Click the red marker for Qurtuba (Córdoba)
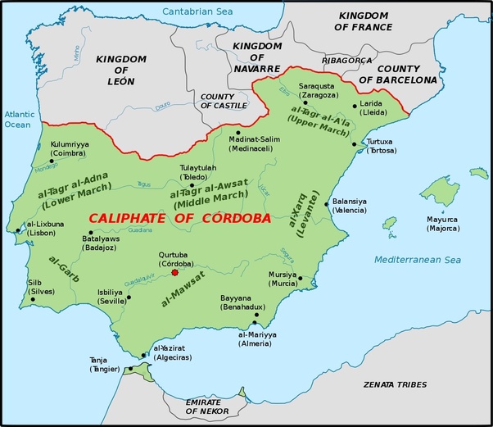coord(174,273)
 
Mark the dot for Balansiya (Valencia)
coord(326,204)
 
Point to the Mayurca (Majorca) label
coord(442,223)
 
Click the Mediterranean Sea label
coord(418,260)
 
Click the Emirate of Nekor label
coord(202,407)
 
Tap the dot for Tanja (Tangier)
coord(129,369)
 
